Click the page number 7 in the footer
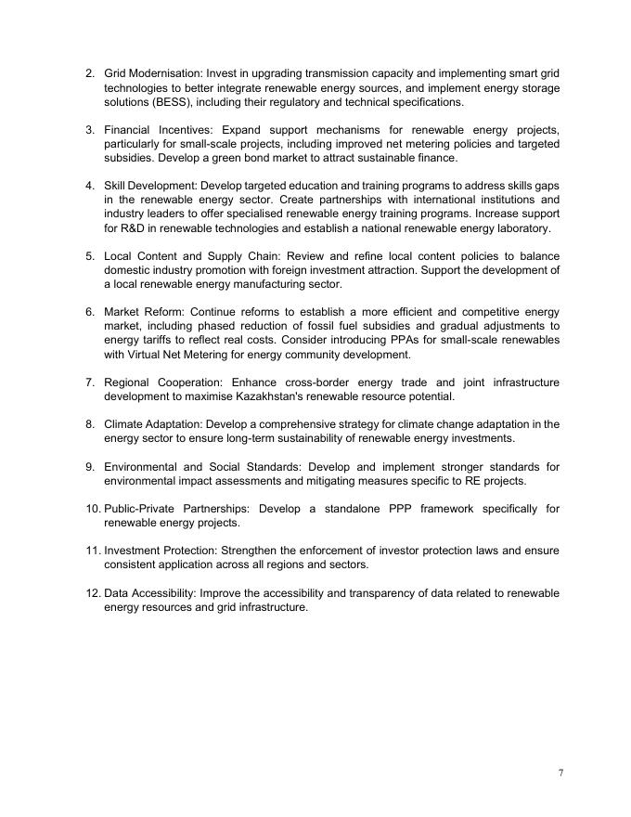pos(560,773)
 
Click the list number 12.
pos(93,593)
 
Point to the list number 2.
pos(90,73)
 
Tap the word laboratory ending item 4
pos(522,228)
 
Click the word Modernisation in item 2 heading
pos(164,73)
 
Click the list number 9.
pos(90,467)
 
